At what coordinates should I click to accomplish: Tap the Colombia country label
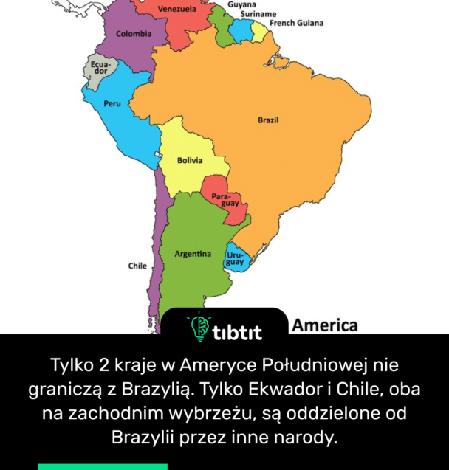[x=134, y=34]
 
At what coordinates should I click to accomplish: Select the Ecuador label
[x=100, y=67]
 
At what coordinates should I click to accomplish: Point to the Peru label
[x=112, y=104]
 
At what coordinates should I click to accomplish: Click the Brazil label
[x=268, y=120]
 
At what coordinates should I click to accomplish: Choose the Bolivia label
[x=190, y=160]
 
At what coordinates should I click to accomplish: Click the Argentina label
[x=192, y=254]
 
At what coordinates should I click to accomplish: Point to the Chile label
[x=137, y=266]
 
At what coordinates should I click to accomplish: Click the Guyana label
[x=242, y=4]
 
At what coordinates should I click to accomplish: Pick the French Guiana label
[x=296, y=24]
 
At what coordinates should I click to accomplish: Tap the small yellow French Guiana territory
[x=258, y=31]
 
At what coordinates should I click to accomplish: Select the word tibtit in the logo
[x=236, y=333]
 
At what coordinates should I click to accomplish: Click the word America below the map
[x=325, y=325]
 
